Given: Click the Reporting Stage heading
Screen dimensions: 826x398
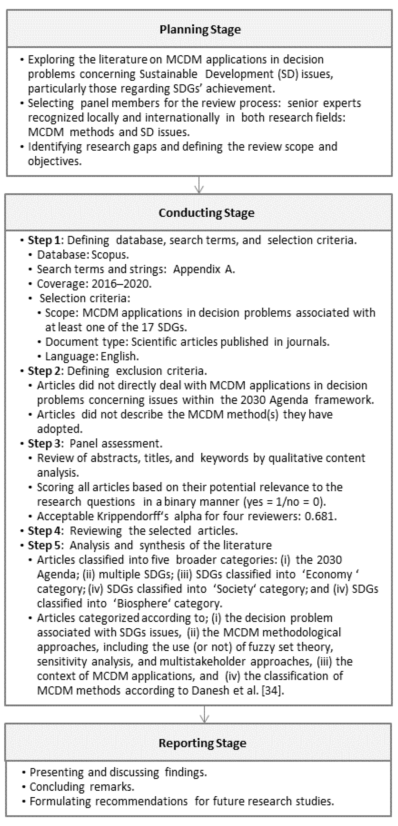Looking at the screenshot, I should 202,743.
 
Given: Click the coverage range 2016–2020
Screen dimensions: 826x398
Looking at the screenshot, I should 121,284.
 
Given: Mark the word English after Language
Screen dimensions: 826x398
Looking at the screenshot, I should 119,356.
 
